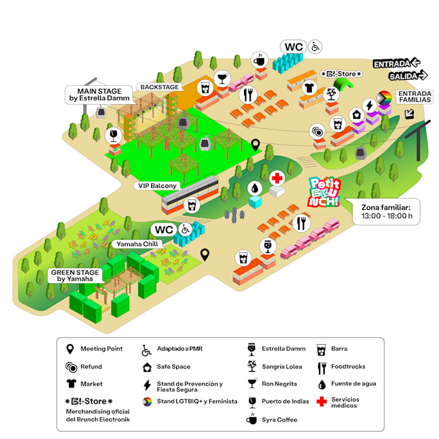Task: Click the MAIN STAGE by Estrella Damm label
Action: [99, 94]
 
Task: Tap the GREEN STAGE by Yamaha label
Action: [76, 276]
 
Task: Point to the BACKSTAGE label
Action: [160, 87]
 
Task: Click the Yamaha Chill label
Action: [137, 244]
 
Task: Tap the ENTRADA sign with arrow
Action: [396, 63]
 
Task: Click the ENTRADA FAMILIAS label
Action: [414, 97]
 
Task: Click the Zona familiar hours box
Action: [386, 211]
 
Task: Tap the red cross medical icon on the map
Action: [278, 178]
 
